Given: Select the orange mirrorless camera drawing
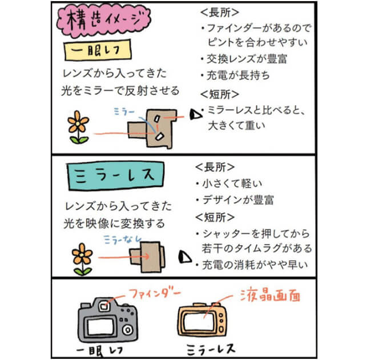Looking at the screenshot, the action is click(206, 322).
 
